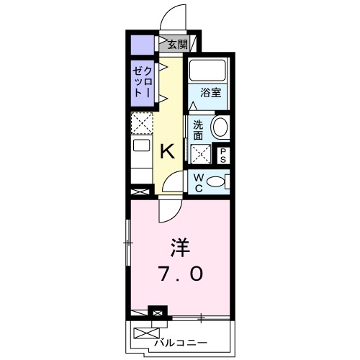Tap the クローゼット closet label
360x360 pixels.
141,83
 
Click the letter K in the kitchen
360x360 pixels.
167,151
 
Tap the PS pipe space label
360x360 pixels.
223,154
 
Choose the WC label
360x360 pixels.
197,181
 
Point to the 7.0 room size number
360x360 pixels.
180,274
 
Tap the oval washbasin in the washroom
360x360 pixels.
219,129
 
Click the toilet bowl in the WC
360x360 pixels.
215,181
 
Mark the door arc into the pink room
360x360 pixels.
168,210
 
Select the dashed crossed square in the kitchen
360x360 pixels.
143,123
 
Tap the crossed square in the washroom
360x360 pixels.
199,153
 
